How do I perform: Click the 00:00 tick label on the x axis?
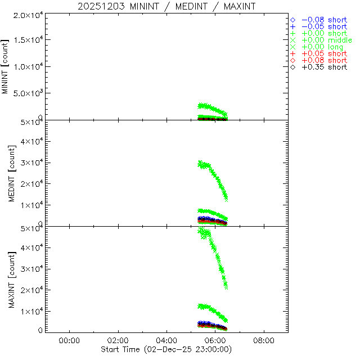pos(69,340)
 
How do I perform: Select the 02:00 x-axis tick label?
pos(118,340)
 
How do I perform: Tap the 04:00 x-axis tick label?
pos(166,340)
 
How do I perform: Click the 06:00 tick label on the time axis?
pos(215,340)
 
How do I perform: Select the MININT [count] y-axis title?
pos(6,66)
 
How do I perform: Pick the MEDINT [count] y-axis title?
pos(6,173)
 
